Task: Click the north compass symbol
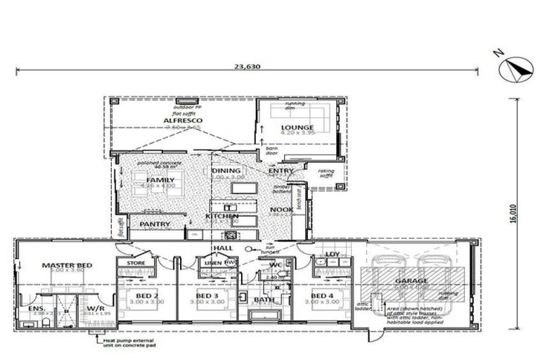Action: (x=515, y=70)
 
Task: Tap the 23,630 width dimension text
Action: (x=245, y=67)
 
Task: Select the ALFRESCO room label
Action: (x=183, y=121)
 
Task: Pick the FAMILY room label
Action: (x=161, y=180)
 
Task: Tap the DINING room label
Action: (x=226, y=170)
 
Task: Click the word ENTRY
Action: (x=281, y=170)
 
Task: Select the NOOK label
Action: (x=281, y=210)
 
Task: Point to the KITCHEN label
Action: (x=221, y=216)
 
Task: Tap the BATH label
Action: (x=264, y=300)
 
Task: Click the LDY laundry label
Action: (x=333, y=255)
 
